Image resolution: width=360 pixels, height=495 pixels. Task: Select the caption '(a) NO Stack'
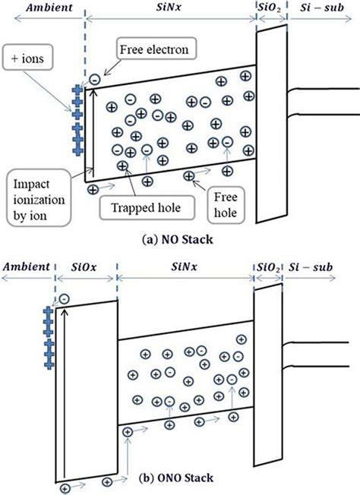(x=180, y=238)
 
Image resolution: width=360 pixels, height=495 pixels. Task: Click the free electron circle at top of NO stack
(x=93, y=79)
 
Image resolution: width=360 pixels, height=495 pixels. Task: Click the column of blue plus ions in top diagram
(x=76, y=119)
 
